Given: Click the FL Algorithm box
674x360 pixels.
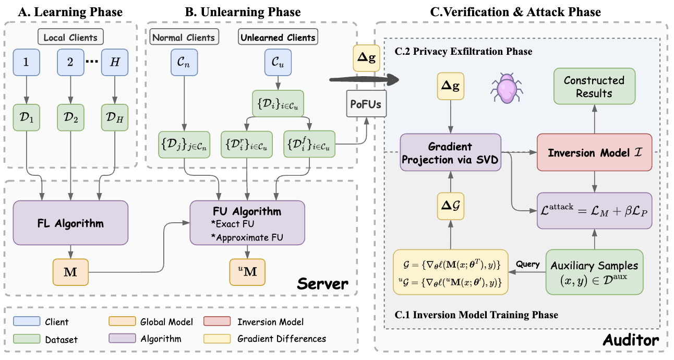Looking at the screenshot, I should (x=70, y=223).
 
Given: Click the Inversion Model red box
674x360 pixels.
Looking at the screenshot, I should (x=594, y=153).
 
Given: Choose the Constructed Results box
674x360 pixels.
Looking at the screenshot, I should (x=594, y=86).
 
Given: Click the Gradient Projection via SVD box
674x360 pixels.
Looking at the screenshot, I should (x=450, y=153).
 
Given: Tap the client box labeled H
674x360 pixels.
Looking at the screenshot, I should (x=115, y=62).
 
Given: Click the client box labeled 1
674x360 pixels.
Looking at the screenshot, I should (x=26, y=62).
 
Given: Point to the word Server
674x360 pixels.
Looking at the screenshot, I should (x=322, y=284).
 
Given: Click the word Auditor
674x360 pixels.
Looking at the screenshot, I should (x=631, y=341).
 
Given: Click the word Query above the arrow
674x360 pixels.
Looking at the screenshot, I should (x=527, y=264).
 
